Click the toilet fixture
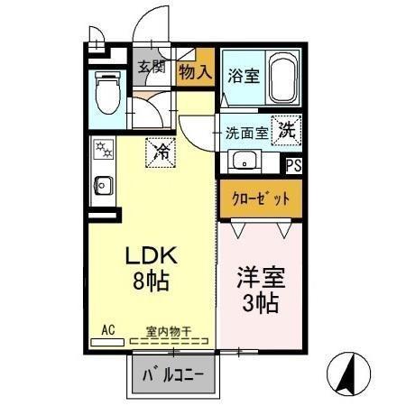coord(107,92)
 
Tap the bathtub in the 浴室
coord(281,78)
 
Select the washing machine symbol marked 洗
coord(286,130)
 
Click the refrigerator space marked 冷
coord(161,152)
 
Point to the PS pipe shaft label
coord(293,165)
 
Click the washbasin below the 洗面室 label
coord(245,161)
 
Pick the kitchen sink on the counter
coord(103,186)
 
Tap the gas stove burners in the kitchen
coord(104,150)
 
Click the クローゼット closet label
coord(261,198)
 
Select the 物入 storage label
coord(195,72)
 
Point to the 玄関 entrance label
coord(152,67)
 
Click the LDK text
coord(151,255)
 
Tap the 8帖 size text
coord(151,281)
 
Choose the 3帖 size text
coord(261,303)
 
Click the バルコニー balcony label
coord(173,375)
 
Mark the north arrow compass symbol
coord(348,373)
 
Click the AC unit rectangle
coord(107,342)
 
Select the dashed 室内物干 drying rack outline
coord(169,341)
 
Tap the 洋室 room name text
coord(261,277)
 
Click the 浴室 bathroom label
coord(244,76)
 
